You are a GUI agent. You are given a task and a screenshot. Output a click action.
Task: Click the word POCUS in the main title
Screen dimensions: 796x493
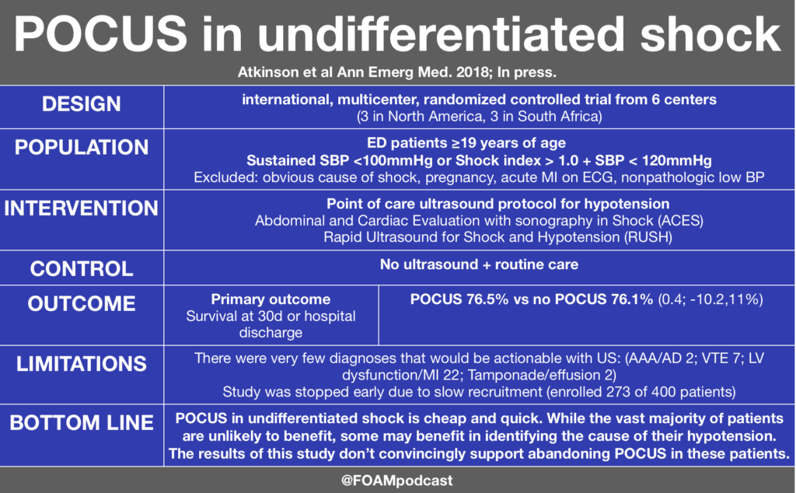coord(100,33)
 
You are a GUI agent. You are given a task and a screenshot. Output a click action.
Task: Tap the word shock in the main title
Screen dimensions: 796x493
coord(710,33)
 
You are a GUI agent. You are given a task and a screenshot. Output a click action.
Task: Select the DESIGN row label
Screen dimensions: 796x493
coord(81,104)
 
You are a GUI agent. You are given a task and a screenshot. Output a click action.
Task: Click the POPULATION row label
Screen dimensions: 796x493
coord(81,147)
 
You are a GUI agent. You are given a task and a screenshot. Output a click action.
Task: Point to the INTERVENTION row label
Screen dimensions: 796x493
coord(81,208)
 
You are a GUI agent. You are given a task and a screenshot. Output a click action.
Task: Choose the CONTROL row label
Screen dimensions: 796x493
coord(81,268)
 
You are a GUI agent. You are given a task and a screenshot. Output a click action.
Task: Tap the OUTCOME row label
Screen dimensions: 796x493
coord(81,303)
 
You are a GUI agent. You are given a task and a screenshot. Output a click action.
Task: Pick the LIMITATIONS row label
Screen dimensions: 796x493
coord(81,364)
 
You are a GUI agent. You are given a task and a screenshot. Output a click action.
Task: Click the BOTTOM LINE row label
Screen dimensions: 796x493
coord(81,422)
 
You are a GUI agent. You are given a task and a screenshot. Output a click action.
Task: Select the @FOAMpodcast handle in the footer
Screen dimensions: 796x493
coord(397,481)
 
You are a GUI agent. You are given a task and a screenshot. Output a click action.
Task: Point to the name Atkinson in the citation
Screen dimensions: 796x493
coord(268,72)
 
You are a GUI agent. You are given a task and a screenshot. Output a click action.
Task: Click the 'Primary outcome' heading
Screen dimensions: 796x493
coord(271,299)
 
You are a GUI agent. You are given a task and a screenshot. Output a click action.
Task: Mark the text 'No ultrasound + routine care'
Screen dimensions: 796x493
coord(479,264)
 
